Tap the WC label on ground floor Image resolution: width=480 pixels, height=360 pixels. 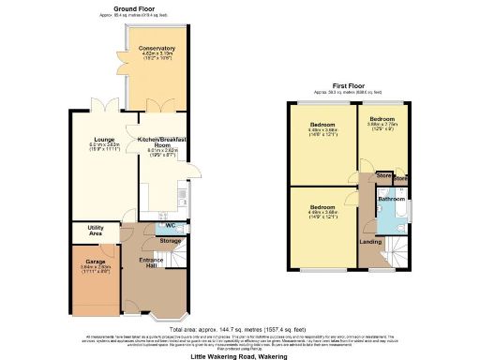tap(171, 226)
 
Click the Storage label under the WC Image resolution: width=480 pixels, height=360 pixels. tap(170, 241)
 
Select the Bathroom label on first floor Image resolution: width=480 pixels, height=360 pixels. tap(391, 199)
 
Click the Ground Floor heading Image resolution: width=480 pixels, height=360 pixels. tap(134, 7)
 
